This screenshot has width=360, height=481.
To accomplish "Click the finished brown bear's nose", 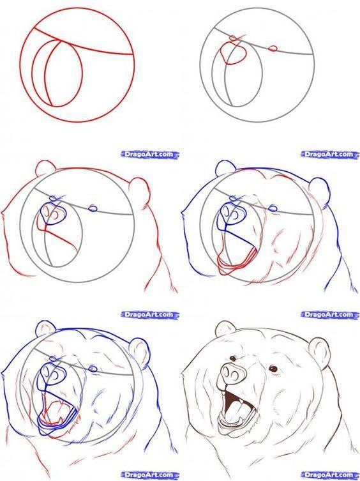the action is pyautogui.click(x=231, y=372).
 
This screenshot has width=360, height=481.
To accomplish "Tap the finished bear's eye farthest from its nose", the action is pyautogui.click(x=273, y=369).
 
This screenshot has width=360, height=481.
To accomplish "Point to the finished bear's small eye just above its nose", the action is pyautogui.click(x=233, y=358).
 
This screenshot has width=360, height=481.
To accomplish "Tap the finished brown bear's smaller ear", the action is pyautogui.click(x=225, y=328).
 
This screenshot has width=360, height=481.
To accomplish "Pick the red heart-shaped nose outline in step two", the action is pyautogui.click(x=234, y=53).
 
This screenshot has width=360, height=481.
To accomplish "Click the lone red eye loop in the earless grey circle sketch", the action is pyautogui.click(x=273, y=49).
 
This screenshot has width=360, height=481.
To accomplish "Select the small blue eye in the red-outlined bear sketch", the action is pyautogui.click(x=93, y=209).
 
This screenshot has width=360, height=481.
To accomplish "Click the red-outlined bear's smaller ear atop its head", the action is pyautogui.click(x=45, y=168).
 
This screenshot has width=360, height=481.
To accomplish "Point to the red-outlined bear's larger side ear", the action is pyautogui.click(x=140, y=194).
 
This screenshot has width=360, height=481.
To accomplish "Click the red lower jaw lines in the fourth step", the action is pyautogui.click(x=236, y=260).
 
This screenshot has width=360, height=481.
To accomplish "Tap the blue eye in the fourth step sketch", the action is pyautogui.click(x=273, y=208).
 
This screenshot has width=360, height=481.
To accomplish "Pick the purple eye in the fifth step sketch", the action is pyautogui.click(x=93, y=369).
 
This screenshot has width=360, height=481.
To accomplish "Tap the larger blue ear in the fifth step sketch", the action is pyautogui.click(x=140, y=353).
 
